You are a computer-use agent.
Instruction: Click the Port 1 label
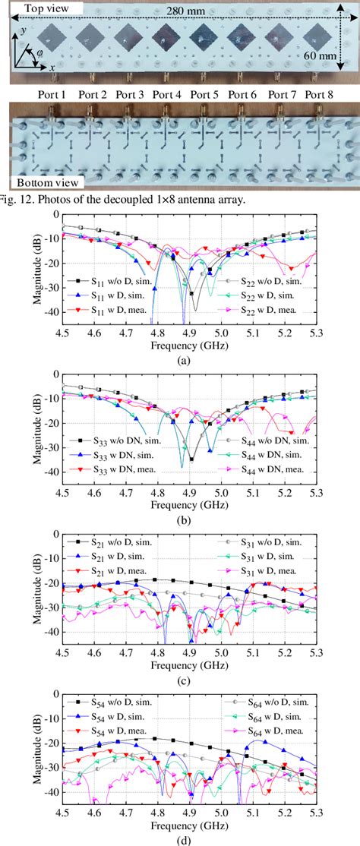point(53,95)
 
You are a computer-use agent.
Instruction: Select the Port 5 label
point(205,95)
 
